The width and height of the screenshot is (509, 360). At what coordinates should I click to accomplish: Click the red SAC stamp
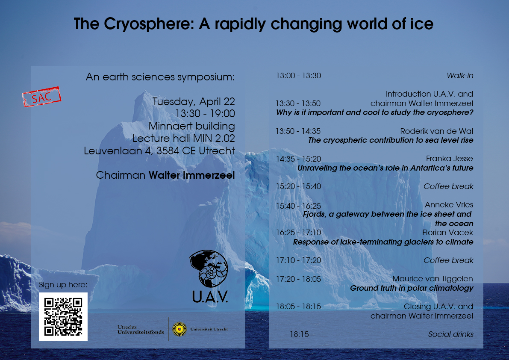click(41, 97)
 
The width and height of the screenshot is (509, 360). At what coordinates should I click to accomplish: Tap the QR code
click(63, 317)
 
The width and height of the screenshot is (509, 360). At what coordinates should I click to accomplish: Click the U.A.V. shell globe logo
click(209, 269)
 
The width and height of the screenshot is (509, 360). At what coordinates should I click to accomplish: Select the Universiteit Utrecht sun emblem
click(179, 329)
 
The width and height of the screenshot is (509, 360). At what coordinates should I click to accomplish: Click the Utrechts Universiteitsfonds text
click(141, 330)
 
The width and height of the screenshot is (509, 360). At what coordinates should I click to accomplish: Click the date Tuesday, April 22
click(194, 102)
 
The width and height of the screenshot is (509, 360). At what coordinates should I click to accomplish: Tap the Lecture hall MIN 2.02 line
click(184, 138)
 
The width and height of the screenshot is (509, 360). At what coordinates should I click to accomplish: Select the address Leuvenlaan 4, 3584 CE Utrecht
click(159, 150)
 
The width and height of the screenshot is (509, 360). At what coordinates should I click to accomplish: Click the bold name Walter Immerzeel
click(191, 175)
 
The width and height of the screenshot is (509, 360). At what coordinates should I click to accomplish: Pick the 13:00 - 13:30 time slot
click(298, 76)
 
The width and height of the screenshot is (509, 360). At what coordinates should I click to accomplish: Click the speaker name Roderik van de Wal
click(437, 131)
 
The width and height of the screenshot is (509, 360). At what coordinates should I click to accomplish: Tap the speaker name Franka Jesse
click(450, 159)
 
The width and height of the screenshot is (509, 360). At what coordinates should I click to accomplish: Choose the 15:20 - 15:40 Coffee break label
click(448, 186)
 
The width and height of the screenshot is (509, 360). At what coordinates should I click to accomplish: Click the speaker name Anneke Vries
click(449, 205)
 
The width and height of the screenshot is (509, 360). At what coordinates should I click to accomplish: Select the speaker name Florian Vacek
click(447, 233)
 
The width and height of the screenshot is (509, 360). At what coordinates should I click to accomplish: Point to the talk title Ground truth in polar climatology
click(412, 288)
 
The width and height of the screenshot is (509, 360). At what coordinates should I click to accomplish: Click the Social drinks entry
click(451, 334)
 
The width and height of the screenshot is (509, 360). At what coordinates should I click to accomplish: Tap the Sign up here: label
click(63, 285)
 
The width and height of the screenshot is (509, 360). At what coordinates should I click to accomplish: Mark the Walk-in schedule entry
click(460, 76)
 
